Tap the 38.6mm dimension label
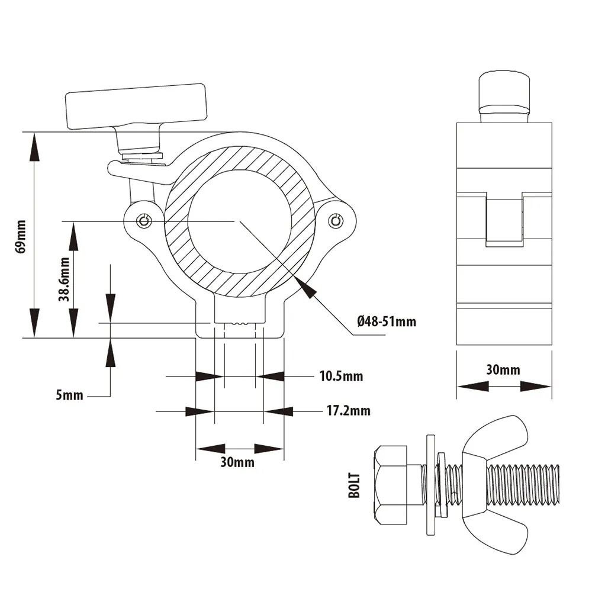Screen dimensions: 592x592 coord(64,279)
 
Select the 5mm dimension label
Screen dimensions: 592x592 coord(69,395)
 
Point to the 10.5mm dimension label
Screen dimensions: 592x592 coord(342,376)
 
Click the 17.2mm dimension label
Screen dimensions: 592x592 coord(349,410)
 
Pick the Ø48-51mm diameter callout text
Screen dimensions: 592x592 coord(387,321)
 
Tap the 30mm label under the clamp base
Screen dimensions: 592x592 coord(237,462)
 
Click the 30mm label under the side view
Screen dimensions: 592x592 coord(503,369)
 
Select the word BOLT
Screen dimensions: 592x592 coord(354,485)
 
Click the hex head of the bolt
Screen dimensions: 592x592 coord(390,485)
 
